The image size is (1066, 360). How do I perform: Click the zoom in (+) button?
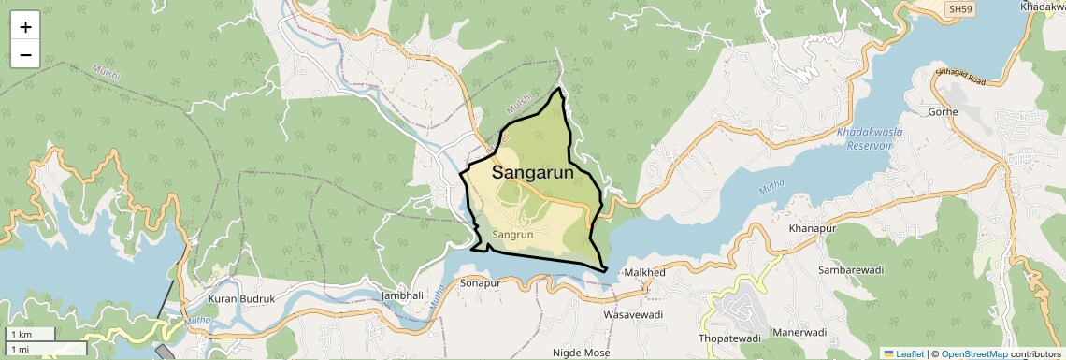click(25, 27)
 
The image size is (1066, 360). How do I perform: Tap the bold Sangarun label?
click(532, 172)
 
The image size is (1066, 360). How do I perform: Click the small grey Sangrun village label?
click(512, 234)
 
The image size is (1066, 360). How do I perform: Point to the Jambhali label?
click(402, 295)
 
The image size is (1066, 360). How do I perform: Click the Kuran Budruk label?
click(242, 298)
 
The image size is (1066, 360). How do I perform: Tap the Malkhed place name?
click(644, 273)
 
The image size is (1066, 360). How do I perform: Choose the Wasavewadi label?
click(633, 315)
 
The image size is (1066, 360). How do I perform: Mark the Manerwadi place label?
click(800, 333)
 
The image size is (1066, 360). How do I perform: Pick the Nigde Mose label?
click(581, 353)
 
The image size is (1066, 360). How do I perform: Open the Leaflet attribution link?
click(903, 353)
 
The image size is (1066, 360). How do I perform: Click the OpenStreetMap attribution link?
click(973, 353)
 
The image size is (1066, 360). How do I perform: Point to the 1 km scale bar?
click(30, 335)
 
